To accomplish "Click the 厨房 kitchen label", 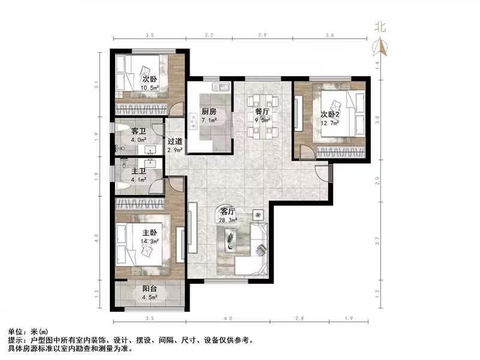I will point(208,112).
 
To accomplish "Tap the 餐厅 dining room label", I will point(262,112).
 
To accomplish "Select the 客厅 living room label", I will point(227,212).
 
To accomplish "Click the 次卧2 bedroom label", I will point(330,115).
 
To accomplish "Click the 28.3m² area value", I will point(228,220).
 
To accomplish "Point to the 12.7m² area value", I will point(330,123).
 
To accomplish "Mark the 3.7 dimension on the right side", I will point(377,241).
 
